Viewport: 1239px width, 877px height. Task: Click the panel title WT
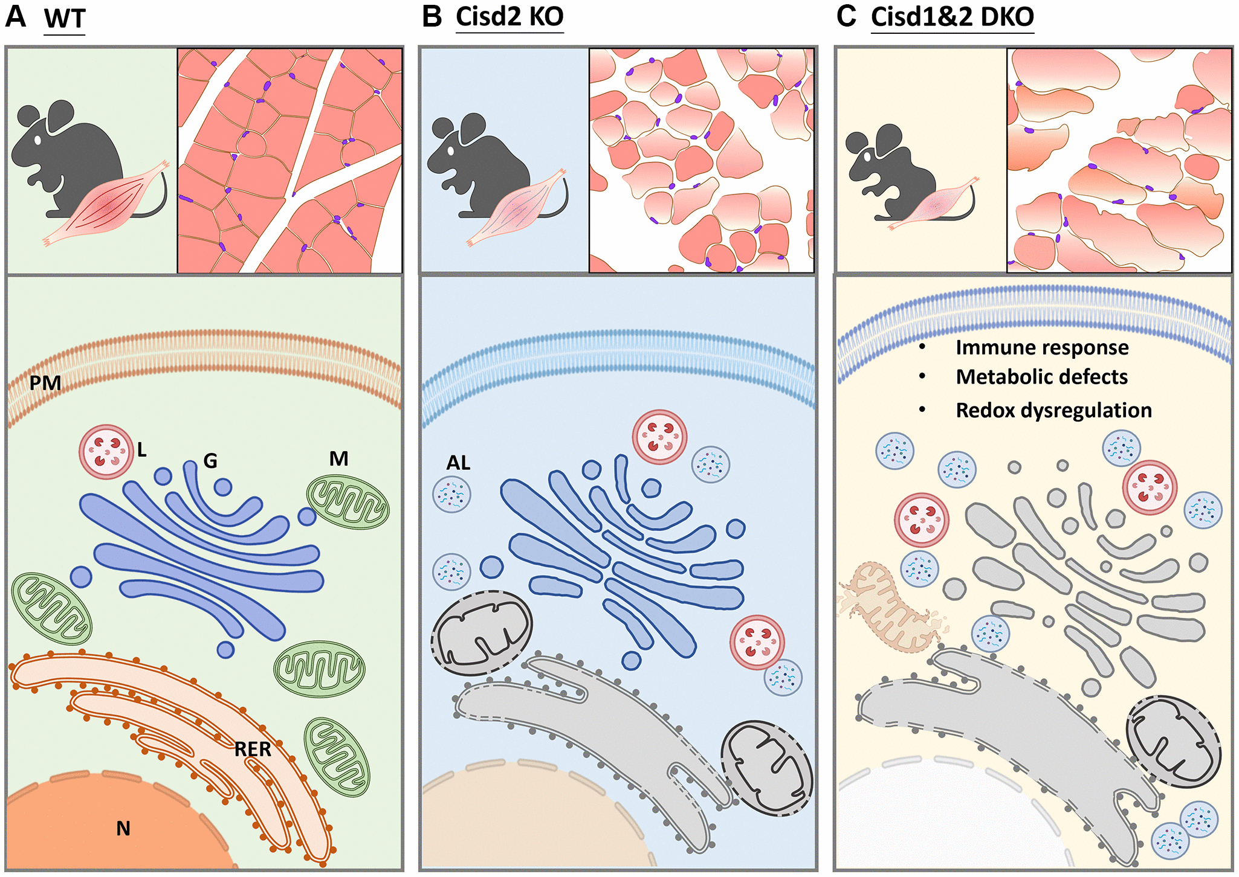[65, 19]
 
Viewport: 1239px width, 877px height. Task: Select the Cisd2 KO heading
[510, 16]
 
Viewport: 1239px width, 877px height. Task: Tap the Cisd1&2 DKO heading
[952, 16]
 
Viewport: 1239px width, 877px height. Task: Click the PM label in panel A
[45, 383]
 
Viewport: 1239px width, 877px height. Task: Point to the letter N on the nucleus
[123, 829]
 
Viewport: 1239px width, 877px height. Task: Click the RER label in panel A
[253, 750]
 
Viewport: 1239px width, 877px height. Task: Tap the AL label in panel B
[458, 463]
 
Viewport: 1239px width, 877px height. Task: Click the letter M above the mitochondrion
[338, 459]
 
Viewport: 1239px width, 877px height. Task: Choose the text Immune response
[1042, 348]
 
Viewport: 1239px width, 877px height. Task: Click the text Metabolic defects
[1041, 377]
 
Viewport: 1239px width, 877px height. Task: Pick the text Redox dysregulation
[1053, 411]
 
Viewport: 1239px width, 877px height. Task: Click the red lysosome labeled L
[106, 452]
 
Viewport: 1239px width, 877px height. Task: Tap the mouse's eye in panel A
[37, 140]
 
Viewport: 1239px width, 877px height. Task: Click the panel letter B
[432, 16]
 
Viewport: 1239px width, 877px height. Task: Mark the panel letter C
[846, 16]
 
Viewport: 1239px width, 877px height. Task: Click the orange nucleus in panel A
[91, 827]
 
